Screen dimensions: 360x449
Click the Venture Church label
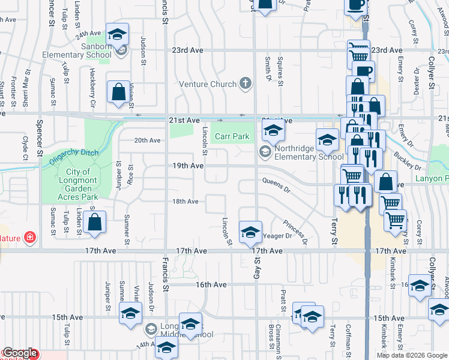point(206,84)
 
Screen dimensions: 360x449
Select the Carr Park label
point(232,136)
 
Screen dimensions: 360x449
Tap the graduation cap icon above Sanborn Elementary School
point(118,34)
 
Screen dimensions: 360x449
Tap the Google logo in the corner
point(20,353)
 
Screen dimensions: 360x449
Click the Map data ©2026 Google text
point(412,355)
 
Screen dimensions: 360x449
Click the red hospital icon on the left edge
point(29,238)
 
